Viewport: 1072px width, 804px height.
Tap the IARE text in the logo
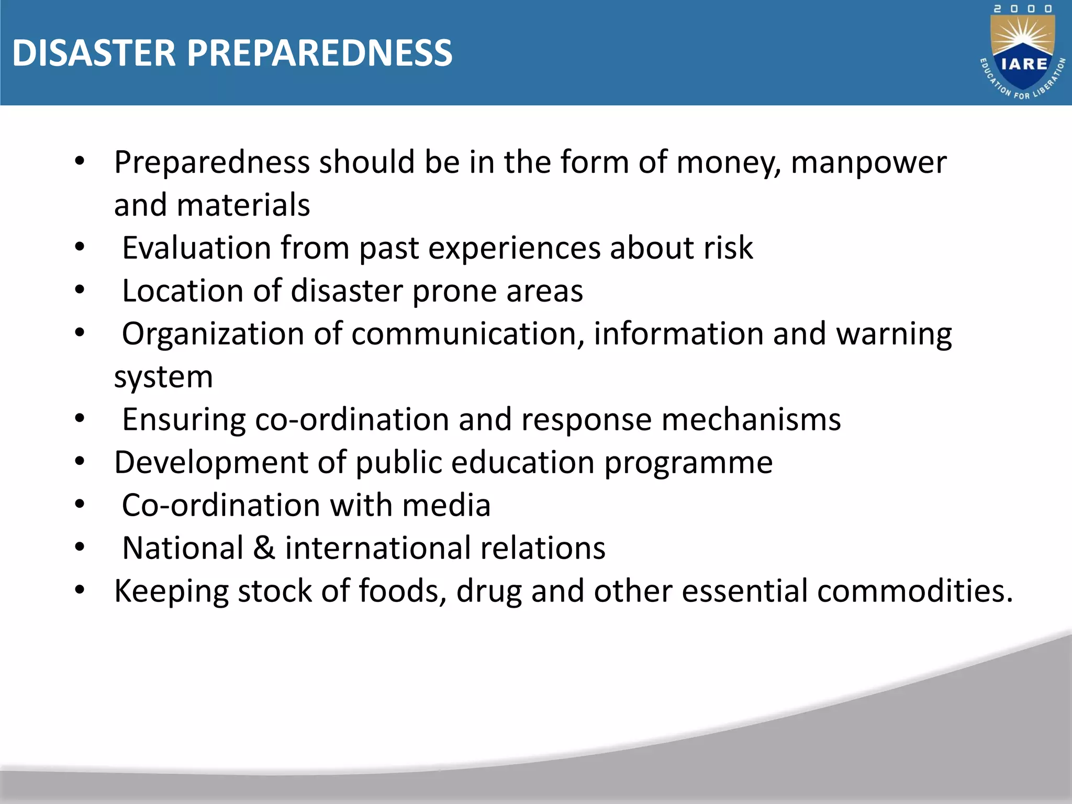click(1024, 64)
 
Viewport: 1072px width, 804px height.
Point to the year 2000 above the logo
click(1023, 9)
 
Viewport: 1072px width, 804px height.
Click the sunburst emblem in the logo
click(1023, 37)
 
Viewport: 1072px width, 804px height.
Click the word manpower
click(868, 162)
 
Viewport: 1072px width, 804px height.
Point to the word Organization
click(213, 333)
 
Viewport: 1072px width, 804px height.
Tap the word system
click(163, 377)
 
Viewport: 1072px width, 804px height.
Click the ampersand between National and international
click(264, 548)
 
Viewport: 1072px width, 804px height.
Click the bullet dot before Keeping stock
click(80, 590)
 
